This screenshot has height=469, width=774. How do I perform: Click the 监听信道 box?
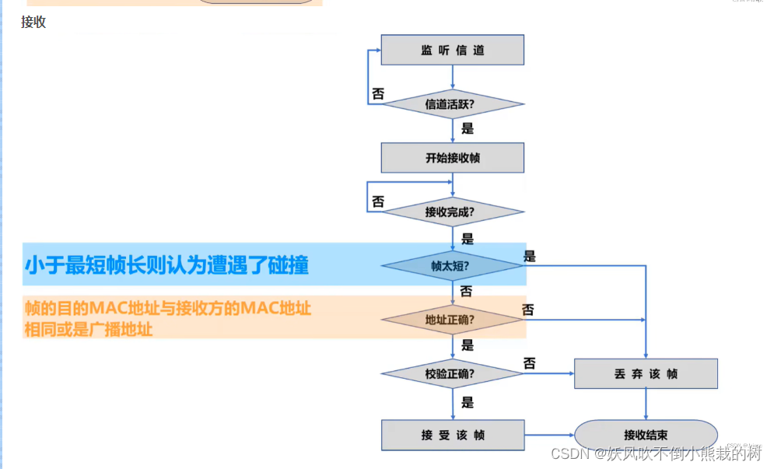tap(452, 50)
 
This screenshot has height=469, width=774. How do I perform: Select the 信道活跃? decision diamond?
tap(452, 103)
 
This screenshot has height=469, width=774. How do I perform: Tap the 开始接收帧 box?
tap(452, 158)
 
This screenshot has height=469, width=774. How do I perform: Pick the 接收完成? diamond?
tap(452, 212)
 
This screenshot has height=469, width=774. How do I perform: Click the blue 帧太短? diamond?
tap(452, 265)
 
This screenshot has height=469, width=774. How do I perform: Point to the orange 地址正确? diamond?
tap(452, 320)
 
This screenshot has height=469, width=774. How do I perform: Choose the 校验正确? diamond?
tap(452, 373)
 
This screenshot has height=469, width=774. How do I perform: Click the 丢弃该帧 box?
tap(646, 373)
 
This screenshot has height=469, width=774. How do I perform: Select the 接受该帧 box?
tap(452, 435)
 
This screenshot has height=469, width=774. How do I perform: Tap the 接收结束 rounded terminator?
tap(646, 435)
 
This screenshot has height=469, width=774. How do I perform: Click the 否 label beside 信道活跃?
tap(378, 94)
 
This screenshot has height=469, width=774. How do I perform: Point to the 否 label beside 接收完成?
tap(378, 201)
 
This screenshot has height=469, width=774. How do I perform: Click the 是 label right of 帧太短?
tap(530, 256)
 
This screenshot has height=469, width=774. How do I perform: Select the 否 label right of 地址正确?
tap(528, 310)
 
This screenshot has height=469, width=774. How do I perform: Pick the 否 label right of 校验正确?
tap(530, 363)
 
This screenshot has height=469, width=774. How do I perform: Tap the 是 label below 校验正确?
tap(468, 403)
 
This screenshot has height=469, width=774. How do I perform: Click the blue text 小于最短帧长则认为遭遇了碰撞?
tap(166, 266)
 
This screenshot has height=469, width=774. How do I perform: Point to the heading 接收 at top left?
tap(33, 23)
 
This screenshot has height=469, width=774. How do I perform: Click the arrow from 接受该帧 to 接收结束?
tap(549, 435)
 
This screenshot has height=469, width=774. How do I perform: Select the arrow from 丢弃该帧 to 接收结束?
tap(646, 404)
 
